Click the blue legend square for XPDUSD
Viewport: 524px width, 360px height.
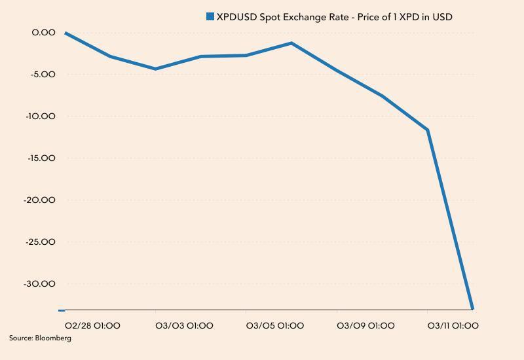210,16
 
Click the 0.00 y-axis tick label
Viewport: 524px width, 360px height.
44,32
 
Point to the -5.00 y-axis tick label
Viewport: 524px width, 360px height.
43,74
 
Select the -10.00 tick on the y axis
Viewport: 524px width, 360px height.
41,116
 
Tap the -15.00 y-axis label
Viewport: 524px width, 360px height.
41,158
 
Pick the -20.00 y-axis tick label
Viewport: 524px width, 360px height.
41,200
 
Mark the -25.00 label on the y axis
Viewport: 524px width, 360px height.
41,242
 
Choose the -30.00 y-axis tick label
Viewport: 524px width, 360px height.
41,283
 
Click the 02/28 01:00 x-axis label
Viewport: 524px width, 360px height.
92,325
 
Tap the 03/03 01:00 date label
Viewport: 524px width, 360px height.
184,325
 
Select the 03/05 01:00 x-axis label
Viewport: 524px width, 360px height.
274,325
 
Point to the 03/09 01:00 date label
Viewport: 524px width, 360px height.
365,325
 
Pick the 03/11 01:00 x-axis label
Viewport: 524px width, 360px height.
453,325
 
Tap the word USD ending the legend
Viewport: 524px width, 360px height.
442,16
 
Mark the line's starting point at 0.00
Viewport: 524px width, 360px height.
65,33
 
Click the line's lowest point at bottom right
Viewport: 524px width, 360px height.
472,308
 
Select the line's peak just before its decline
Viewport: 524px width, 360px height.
291,43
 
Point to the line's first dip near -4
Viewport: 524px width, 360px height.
155,69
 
